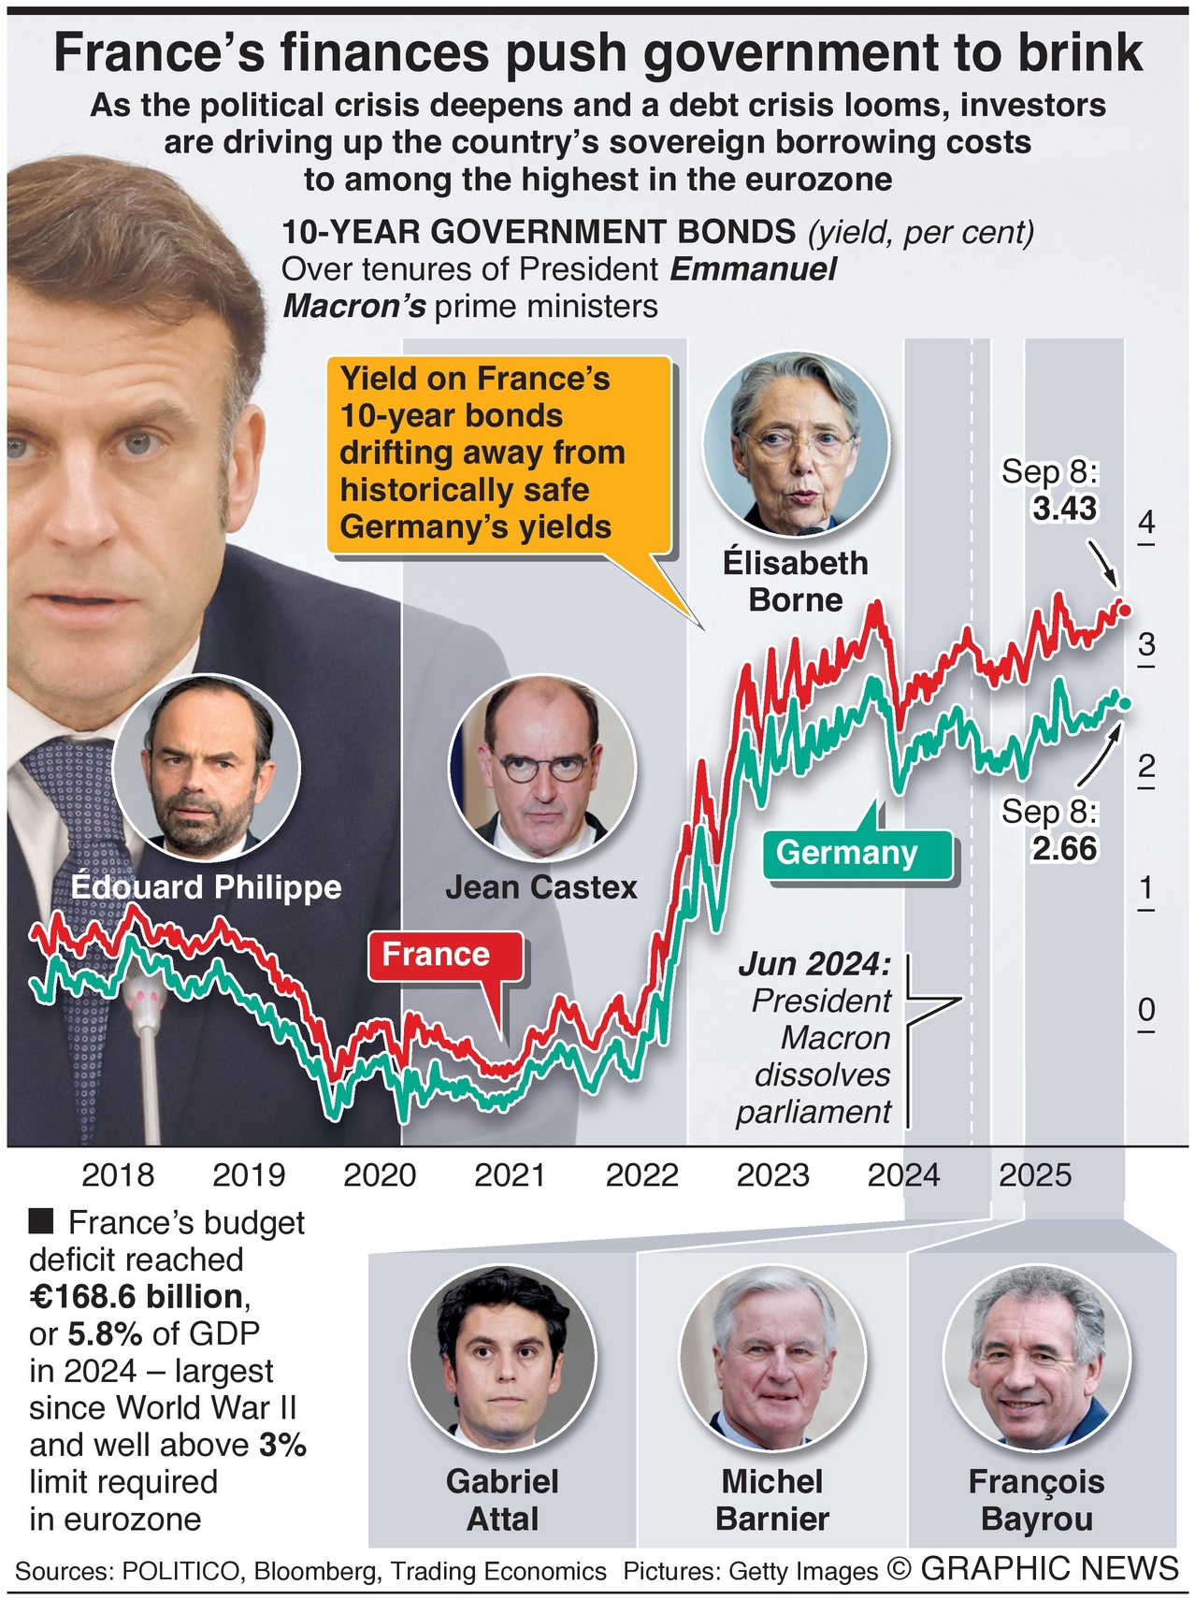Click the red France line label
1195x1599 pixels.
click(436, 955)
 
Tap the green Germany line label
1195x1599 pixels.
click(847, 853)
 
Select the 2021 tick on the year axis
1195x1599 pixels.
click(511, 1174)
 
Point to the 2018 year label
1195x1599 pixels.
click(118, 1174)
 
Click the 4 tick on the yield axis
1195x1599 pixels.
click(1146, 523)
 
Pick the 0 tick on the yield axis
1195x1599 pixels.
click(1146, 1010)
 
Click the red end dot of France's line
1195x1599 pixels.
click(1125, 611)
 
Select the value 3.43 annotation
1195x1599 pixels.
click(1064, 509)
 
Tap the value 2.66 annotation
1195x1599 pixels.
click(1064, 849)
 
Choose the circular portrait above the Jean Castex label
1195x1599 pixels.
click(542, 770)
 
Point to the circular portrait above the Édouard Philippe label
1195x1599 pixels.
click(207, 769)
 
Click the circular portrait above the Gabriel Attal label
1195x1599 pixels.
click(503, 1356)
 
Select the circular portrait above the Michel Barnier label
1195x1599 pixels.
click(772, 1356)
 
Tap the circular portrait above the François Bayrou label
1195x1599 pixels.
click(1036, 1356)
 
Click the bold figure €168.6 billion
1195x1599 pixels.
click(137, 1297)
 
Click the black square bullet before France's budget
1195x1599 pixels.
click(41, 1221)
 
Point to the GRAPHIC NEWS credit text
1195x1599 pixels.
click(1049, 1569)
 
